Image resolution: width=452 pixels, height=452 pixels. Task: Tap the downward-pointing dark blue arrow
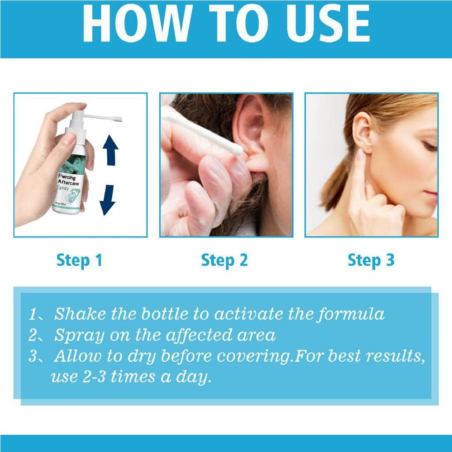pos(108,200)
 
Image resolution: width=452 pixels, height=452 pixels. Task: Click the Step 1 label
pos(79,260)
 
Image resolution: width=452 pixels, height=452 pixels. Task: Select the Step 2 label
pos(224,260)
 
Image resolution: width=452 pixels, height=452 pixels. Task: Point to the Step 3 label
pos(371,260)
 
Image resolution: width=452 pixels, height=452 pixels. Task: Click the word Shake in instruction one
pos(79,314)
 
